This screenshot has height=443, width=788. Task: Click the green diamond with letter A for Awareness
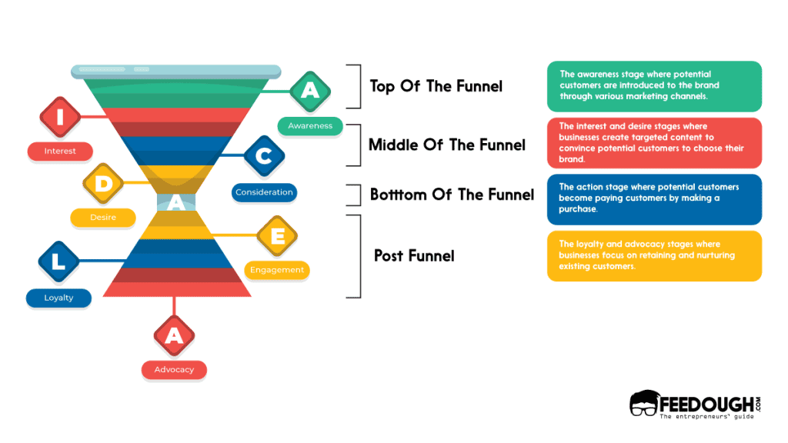pos(309,91)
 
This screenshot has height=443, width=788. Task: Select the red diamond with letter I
pos(60,117)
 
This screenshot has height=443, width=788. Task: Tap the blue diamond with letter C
pos(264,157)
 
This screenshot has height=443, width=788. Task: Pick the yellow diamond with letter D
pos(103,183)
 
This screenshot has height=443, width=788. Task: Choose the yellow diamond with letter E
pos(276,235)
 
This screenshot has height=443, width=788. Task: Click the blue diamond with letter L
pos(59,261)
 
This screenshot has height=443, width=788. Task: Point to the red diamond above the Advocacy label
pos(174,335)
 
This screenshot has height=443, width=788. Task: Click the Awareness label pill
pos(310,125)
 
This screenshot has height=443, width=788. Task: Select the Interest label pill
pos(60,152)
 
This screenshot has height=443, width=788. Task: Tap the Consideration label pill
pos(264,192)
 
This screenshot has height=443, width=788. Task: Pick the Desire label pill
pos(103,218)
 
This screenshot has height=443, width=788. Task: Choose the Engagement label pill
pos(277,270)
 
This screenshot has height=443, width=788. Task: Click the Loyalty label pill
pos(58,298)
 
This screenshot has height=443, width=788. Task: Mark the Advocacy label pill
pos(174,370)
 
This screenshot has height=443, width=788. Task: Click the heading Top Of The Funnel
pos(436,86)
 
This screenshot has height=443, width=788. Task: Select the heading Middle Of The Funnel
pos(446,145)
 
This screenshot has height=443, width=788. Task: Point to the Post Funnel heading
pos(414,255)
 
